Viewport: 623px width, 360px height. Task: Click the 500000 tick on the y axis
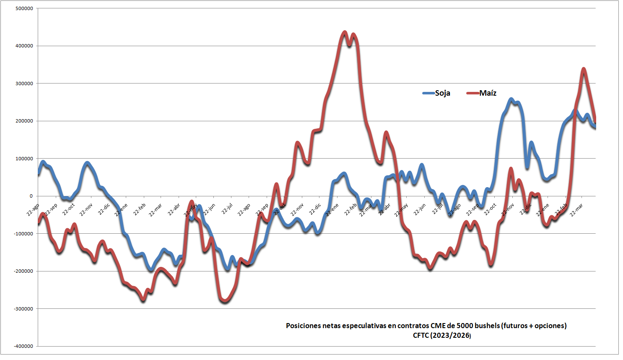click(24, 8)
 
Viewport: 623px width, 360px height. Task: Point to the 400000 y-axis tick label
click(24, 46)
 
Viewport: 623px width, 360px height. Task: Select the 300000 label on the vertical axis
click(24, 83)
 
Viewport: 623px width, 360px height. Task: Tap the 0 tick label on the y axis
click(31, 196)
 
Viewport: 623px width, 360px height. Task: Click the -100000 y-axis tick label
click(23, 234)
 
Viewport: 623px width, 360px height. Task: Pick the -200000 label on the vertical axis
click(23, 271)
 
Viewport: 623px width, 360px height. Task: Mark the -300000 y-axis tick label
click(23, 309)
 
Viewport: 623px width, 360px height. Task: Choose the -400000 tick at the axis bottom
click(23, 346)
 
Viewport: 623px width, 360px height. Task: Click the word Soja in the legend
click(442, 93)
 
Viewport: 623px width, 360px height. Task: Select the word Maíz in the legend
click(488, 93)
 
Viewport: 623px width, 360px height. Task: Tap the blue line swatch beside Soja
click(428, 93)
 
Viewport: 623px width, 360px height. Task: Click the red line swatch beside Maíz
click(473, 93)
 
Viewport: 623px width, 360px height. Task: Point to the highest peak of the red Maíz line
click(345, 32)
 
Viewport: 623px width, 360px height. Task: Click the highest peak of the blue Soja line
click(511, 99)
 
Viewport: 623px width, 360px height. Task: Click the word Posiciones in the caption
click(303, 326)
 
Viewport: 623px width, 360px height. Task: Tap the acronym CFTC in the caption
click(421, 335)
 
